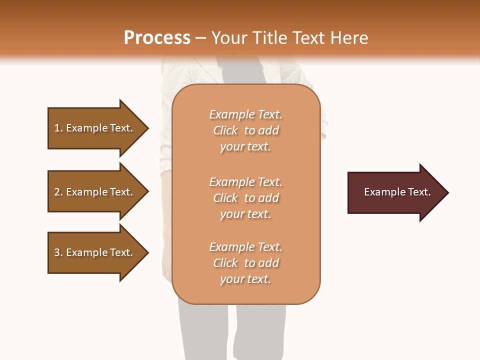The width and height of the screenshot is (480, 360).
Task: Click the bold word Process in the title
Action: [157, 38]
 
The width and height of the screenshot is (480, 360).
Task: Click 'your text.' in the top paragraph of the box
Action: [245, 147]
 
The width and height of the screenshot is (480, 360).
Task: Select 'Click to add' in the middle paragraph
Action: [246, 198]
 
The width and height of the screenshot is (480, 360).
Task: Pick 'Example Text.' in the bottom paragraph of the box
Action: [245, 247]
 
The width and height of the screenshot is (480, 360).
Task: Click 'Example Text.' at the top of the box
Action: [245, 114]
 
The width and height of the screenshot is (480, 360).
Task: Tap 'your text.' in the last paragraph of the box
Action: [245, 279]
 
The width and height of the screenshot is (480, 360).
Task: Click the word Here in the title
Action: [350, 38]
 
